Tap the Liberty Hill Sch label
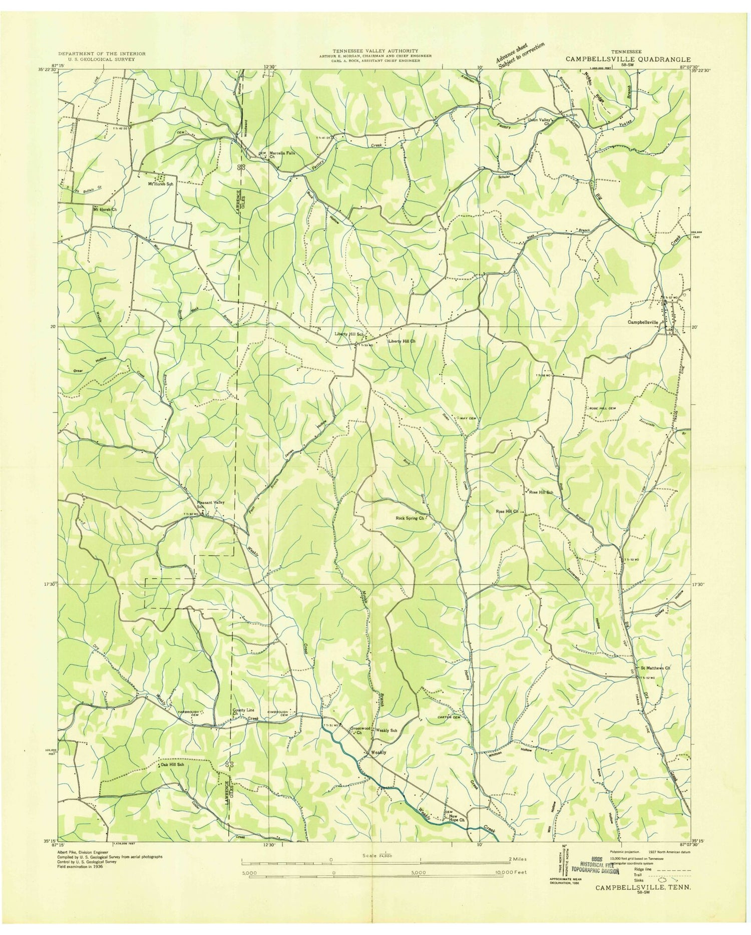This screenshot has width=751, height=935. tap(348, 334)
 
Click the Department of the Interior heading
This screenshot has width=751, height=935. tap(102, 53)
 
